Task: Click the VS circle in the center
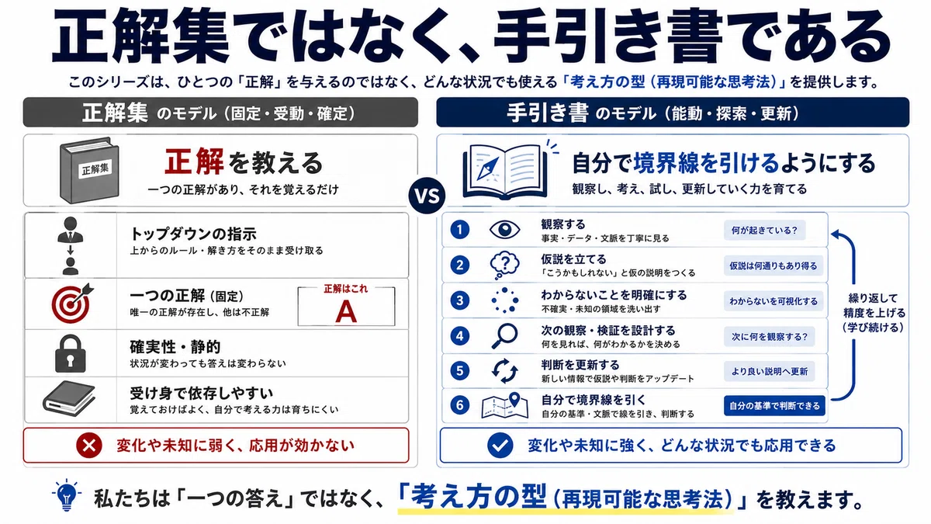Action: (427, 196)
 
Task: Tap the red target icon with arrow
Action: (71, 304)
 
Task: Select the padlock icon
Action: (71, 353)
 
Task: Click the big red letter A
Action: (346, 312)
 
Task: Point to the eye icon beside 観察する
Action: (504, 230)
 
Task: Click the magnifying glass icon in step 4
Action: (504, 336)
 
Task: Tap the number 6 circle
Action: (459, 405)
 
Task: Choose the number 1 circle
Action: (459, 230)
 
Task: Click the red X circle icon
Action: (89, 446)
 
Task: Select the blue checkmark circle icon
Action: (500, 446)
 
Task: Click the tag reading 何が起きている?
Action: (764, 230)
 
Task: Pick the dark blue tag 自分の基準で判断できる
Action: (774, 405)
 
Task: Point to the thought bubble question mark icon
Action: (504, 265)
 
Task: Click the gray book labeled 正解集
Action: (89, 171)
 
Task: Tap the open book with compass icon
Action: (508, 171)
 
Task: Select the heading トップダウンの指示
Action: (193, 234)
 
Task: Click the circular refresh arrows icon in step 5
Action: (504, 371)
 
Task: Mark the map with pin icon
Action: (504, 405)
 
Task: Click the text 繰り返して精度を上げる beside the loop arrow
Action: (874, 306)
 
